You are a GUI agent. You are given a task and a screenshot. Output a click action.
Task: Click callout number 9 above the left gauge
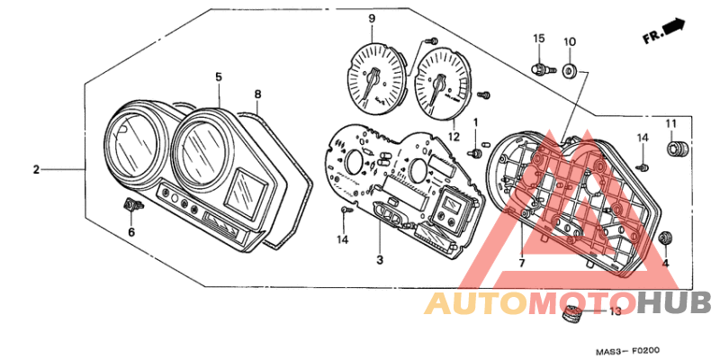[x=372, y=19]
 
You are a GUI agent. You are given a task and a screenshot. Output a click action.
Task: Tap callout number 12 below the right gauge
[x=454, y=137]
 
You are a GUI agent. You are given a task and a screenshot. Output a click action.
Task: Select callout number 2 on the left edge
[x=36, y=170]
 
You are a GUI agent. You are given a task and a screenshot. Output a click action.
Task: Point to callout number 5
[x=219, y=76]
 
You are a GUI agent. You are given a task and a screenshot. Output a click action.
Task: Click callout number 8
[x=258, y=94]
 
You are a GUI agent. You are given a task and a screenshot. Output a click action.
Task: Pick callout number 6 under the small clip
[x=131, y=232]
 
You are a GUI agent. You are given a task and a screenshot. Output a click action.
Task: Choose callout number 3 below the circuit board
[x=380, y=260]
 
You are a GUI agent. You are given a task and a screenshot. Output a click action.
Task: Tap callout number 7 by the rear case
[x=522, y=263]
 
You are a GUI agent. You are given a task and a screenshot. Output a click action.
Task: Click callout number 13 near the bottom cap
[x=616, y=311]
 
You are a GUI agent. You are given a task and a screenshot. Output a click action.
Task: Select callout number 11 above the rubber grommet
[x=671, y=123]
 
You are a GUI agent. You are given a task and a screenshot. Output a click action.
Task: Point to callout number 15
[x=538, y=38]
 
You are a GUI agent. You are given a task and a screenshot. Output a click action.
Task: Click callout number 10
[x=570, y=41]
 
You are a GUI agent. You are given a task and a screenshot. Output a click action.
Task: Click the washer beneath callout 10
[x=570, y=71]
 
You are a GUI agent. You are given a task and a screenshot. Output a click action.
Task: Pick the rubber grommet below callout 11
[x=679, y=148]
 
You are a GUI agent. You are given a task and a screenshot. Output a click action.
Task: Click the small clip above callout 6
[x=133, y=204]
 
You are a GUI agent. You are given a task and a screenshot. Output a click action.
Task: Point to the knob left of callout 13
[x=572, y=314]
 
